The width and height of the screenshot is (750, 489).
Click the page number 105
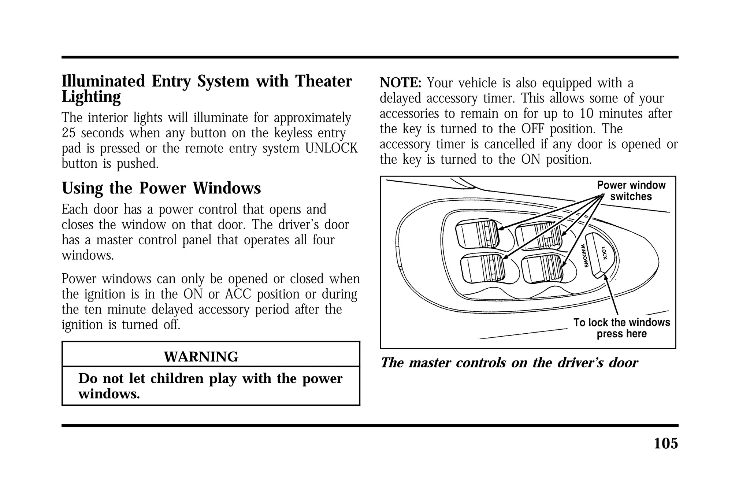665,443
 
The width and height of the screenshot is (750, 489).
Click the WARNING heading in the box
201,356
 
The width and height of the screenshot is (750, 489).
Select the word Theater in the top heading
323,81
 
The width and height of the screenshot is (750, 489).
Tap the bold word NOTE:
401,83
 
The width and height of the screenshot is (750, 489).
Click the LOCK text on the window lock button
604,252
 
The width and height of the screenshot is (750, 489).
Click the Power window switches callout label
631,190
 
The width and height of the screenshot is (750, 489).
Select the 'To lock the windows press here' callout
621,328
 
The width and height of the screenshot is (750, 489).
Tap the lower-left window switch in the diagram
482,269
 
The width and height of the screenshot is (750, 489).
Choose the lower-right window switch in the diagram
542,270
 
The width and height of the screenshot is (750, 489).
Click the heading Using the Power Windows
161,188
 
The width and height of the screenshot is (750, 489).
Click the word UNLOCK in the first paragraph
331,148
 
